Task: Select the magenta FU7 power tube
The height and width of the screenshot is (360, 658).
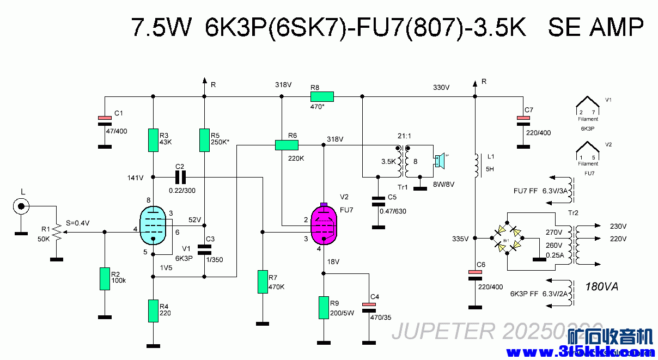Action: (324, 225)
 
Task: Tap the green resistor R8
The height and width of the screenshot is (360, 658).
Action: (321, 97)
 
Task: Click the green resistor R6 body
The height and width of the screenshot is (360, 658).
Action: (287, 145)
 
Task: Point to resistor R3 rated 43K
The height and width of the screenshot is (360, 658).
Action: (153, 140)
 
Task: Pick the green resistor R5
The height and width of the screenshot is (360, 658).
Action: (204, 140)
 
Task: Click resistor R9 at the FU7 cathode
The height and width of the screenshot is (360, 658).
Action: (324, 308)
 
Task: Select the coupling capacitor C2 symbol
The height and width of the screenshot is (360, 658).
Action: (180, 176)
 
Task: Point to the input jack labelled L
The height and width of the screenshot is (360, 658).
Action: (22, 206)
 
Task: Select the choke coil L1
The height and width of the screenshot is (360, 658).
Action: (477, 162)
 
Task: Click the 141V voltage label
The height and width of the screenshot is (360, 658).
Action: (135, 178)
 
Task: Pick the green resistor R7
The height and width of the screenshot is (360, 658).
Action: (262, 281)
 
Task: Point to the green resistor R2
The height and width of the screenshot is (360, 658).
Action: (104, 278)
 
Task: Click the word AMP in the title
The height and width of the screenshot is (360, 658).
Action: (617, 27)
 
